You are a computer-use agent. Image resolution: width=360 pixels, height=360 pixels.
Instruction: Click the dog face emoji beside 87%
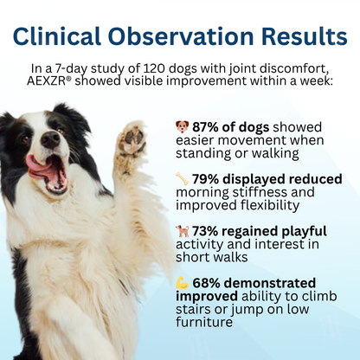click(x=183, y=126)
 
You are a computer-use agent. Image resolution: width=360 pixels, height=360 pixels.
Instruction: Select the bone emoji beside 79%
click(x=183, y=178)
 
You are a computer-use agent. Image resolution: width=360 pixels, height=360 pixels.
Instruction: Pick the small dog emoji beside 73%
click(x=183, y=231)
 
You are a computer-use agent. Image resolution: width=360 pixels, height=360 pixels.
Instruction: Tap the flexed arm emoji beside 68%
click(x=183, y=283)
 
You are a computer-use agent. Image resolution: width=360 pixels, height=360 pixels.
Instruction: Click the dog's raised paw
click(x=132, y=138)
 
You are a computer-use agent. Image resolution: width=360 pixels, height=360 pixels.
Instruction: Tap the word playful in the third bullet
click(x=297, y=231)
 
